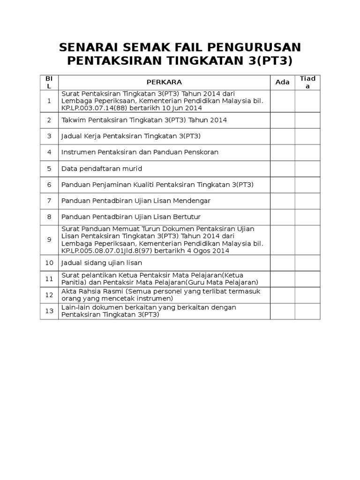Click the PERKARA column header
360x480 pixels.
pos(164,82)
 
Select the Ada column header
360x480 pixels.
pos(282,82)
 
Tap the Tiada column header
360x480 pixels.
pos(307,82)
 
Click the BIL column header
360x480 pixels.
pos(49,82)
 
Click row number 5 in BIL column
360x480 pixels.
pos(49,168)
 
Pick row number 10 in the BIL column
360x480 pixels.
pos(49,263)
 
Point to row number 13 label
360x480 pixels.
pos(49,311)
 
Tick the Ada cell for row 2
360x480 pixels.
pos(282,120)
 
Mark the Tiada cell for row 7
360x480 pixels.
pos(307,201)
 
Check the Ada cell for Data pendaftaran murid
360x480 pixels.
pos(282,168)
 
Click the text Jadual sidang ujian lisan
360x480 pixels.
pos(102,263)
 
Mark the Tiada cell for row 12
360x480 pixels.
pos(307,295)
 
